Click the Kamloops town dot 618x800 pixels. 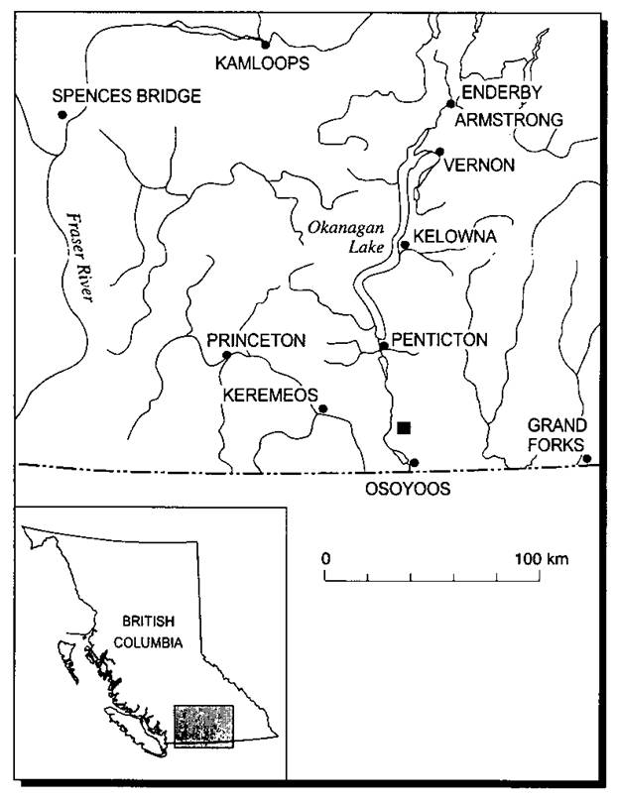[265, 44]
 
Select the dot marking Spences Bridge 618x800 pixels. [62, 115]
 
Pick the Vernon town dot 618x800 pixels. [440, 152]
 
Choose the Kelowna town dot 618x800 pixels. [405, 245]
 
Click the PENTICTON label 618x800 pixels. [440, 339]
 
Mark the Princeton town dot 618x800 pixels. [226, 355]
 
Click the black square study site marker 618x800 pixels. [403, 428]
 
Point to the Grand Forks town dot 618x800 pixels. [586, 458]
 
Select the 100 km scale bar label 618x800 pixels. [541, 559]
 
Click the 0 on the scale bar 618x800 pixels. [325, 559]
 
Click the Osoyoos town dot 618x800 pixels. [415, 463]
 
